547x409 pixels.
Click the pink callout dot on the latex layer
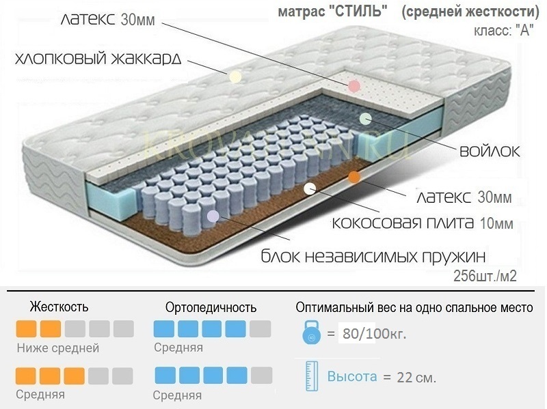pos(353,86)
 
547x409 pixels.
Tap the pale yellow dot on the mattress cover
pos(235,76)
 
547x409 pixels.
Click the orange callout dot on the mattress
pos(353,178)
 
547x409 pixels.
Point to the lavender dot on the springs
pos(213,216)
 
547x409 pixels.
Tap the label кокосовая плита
pos(392,223)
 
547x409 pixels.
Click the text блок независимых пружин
pos(373,257)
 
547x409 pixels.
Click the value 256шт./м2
pos(483,276)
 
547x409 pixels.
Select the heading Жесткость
pos(59,307)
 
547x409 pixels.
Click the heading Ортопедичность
pos(211,307)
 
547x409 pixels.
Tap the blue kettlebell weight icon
pos(310,335)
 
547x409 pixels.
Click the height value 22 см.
pos(416,377)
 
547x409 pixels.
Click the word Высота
pos(352,376)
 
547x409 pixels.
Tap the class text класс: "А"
pos(503,31)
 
